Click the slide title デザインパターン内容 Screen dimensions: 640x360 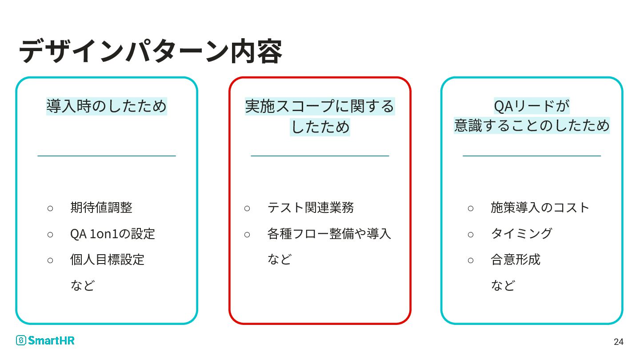point(150,51)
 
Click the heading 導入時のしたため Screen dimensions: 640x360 point(107,106)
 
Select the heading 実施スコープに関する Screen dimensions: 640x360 point(320,106)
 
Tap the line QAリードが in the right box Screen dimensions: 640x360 point(532,106)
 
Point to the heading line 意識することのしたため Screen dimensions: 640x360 point(532,126)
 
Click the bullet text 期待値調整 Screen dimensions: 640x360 point(101,208)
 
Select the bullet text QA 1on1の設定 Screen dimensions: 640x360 point(112,234)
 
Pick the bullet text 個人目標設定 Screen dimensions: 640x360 point(107,260)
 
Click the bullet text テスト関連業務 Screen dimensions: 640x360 point(311,208)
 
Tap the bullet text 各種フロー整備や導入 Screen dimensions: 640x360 point(329,234)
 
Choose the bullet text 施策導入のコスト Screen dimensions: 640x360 point(540,208)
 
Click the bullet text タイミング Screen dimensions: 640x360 point(521,234)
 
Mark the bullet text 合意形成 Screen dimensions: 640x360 point(516,260)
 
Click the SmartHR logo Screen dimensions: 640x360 point(45,340)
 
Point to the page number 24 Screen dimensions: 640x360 point(618,342)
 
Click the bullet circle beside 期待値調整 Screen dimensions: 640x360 point(50,208)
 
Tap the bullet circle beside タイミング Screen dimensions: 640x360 point(471,234)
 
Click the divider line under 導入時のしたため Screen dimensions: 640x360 point(107,156)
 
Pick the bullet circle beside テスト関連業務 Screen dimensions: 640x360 point(247,208)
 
